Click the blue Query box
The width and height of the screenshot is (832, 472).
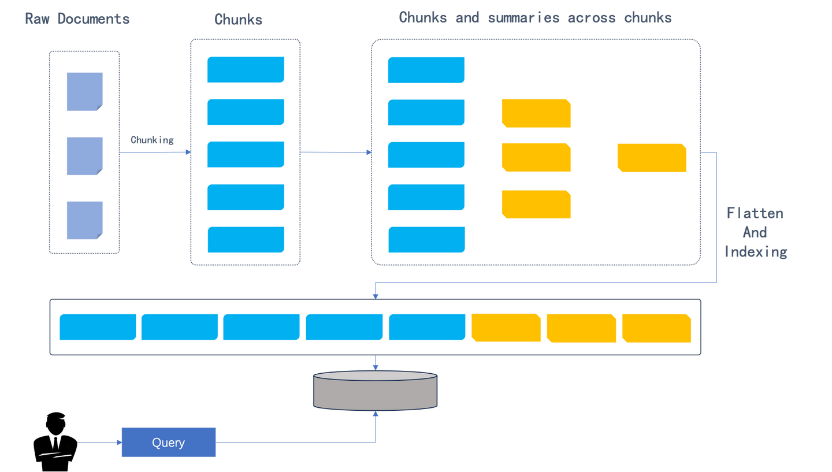[x=169, y=442]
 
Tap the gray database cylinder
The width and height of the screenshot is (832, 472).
[x=375, y=391]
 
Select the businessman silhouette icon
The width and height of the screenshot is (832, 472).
[x=55, y=441]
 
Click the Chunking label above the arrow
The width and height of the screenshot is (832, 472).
[x=153, y=140]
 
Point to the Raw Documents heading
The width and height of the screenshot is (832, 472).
[x=77, y=19]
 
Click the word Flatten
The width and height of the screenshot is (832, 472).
[x=755, y=213]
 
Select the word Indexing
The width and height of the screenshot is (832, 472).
[x=756, y=252]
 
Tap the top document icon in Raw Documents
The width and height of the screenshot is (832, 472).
[x=85, y=92]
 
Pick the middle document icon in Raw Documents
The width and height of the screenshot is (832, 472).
[x=85, y=156]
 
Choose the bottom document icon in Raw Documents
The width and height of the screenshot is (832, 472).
[x=85, y=220]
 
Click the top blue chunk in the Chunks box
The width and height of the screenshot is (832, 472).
[x=246, y=69]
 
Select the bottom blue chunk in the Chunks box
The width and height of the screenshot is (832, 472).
[x=246, y=240]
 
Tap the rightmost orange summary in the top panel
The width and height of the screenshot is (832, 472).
[x=652, y=158]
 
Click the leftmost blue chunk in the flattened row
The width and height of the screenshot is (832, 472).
[x=98, y=327]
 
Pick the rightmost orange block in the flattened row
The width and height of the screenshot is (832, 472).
[x=657, y=328]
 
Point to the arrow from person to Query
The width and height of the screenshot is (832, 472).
[x=100, y=443]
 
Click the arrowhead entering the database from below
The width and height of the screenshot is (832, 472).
[x=376, y=413]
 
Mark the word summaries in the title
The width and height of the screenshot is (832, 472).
[x=523, y=18]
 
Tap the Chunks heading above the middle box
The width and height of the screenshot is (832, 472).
[x=239, y=19]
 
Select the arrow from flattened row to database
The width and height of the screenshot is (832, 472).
[x=376, y=363]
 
